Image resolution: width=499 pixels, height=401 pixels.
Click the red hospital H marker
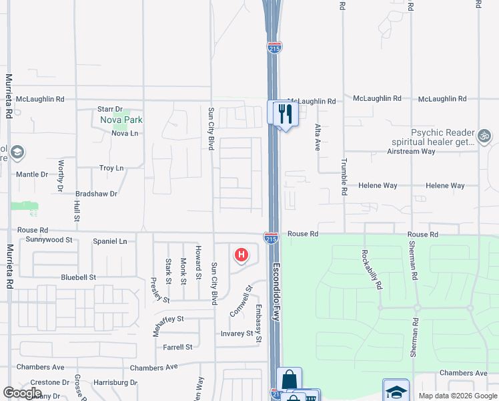click(241, 255)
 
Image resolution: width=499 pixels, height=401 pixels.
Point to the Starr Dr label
click(110, 109)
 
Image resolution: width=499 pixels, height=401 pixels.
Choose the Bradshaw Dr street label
click(96, 194)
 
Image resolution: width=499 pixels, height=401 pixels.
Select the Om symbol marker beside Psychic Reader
click(485, 137)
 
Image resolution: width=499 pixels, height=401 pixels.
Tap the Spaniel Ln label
click(109, 241)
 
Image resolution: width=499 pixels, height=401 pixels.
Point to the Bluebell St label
click(78, 277)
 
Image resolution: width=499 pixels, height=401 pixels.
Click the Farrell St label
click(177, 347)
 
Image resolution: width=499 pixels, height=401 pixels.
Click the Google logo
click(22, 393)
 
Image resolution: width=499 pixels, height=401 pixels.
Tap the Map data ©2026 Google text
click(457, 396)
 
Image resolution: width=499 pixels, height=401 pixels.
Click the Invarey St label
click(237, 333)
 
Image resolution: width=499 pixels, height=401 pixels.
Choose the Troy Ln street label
click(111, 168)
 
